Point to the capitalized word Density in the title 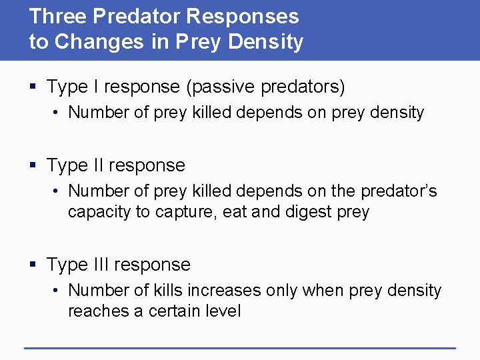(267, 42)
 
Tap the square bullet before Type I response (34, 87)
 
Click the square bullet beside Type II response (34, 166)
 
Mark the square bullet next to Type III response (34, 265)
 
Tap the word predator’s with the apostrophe (399, 191)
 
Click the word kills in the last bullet (167, 291)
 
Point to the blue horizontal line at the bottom (240, 347)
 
